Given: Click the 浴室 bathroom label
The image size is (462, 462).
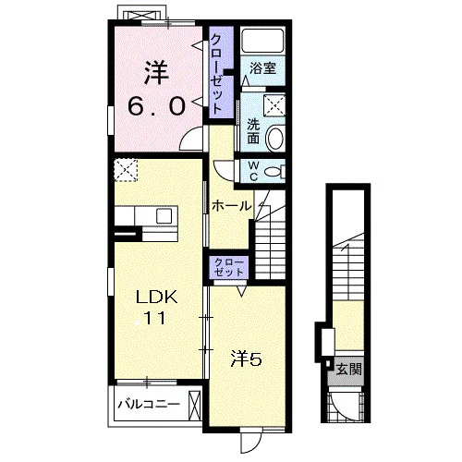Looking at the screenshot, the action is click(x=262, y=68).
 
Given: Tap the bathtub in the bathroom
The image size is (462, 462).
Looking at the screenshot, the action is click(x=262, y=41).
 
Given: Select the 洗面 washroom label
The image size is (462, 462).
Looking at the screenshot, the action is click(x=253, y=132).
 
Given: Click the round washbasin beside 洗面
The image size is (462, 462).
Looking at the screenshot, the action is click(x=274, y=138).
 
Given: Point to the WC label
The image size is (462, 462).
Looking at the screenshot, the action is click(x=253, y=171).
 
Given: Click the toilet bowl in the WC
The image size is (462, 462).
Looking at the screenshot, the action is click(x=273, y=171).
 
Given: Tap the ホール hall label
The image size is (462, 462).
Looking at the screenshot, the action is click(x=232, y=206).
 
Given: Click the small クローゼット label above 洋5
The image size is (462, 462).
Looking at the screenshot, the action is click(x=228, y=267).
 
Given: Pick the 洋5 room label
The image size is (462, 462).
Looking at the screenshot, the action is click(x=247, y=359).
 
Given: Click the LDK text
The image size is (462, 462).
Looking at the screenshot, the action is click(x=157, y=298).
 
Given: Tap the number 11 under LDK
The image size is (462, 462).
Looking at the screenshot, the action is click(x=155, y=318).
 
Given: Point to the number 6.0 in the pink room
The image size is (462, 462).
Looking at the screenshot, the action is click(x=157, y=105).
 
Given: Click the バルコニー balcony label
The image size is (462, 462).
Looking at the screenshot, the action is click(x=149, y=404).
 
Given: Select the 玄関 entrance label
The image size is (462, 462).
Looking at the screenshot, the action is click(x=348, y=370).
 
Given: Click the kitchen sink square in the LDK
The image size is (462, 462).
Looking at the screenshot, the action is click(x=164, y=216).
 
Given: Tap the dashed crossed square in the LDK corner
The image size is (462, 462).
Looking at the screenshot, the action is click(x=126, y=170).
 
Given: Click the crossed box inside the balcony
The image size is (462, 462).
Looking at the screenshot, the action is click(x=195, y=406).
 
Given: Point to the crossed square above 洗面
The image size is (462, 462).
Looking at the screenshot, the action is click(x=274, y=105).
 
